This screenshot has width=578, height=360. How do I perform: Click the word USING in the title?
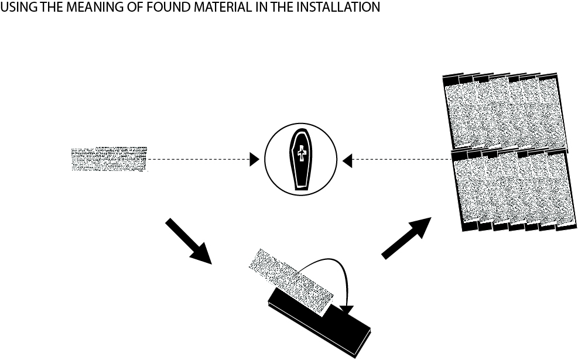[x=16, y=7]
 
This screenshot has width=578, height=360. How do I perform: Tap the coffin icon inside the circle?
[x=301, y=159]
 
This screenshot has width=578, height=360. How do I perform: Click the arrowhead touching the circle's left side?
[x=254, y=159]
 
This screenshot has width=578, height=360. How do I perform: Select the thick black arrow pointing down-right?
[x=189, y=240]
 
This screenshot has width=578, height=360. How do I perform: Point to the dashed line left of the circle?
[x=199, y=159]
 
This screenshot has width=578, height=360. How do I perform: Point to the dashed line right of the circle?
[x=398, y=159]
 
